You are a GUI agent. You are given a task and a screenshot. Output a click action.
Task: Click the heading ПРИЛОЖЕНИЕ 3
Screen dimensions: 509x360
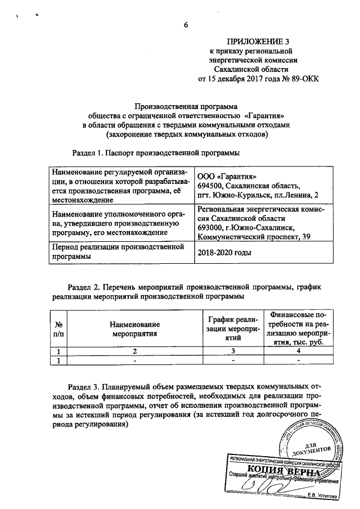[x=253, y=42]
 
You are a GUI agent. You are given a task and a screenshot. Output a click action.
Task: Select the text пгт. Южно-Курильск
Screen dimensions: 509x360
[x=229, y=195]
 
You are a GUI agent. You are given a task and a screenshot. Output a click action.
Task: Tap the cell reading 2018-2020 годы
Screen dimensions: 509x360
[x=224, y=253]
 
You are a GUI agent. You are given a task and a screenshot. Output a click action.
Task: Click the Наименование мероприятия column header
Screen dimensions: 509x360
[x=135, y=329]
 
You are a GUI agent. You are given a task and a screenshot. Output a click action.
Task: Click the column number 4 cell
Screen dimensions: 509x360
[x=298, y=352]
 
